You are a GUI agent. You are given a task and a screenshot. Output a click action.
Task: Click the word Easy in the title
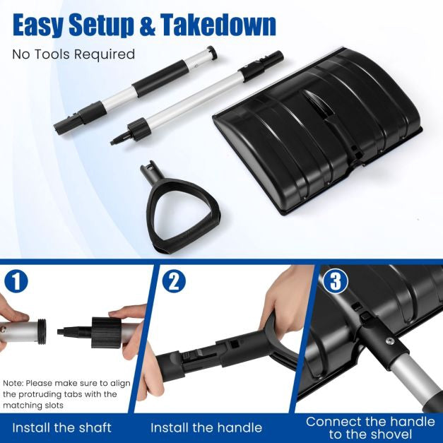pyautogui.click(x=39, y=25)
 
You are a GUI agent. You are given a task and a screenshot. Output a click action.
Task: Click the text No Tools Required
pyautogui.click(x=73, y=54)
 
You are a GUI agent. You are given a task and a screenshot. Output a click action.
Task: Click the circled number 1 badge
pyautogui.click(x=16, y=281)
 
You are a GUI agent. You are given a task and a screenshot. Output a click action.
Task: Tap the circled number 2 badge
pyautogui.click(x=174, y=281)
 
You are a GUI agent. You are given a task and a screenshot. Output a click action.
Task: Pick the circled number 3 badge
pyautogui.click(x=336, y=281)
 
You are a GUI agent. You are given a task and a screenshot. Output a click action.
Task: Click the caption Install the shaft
pyautogui.click(x=62, y=427)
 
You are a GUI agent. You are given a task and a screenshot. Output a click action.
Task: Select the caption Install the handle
pyautogui.click(x=206, y=427)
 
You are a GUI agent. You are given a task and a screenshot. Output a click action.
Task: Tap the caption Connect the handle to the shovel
pyautogui.click(x=370, y=427)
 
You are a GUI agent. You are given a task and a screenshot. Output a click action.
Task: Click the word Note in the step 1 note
pyautogui.click(x=13, y=384)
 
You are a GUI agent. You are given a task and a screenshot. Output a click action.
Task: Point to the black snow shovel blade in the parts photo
pyautogui.click(x=318, y=131)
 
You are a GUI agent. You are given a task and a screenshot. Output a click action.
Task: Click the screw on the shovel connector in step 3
pyautogui.click(x=389, y=341)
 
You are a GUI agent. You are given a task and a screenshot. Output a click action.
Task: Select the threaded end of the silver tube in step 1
pyautogui.click(x=42, y=331)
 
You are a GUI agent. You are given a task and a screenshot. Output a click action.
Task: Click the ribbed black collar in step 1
pyautogui.click(x=106, y=333)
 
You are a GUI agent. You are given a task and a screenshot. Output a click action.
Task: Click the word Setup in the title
pyautogui.click(x=101, y=25)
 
